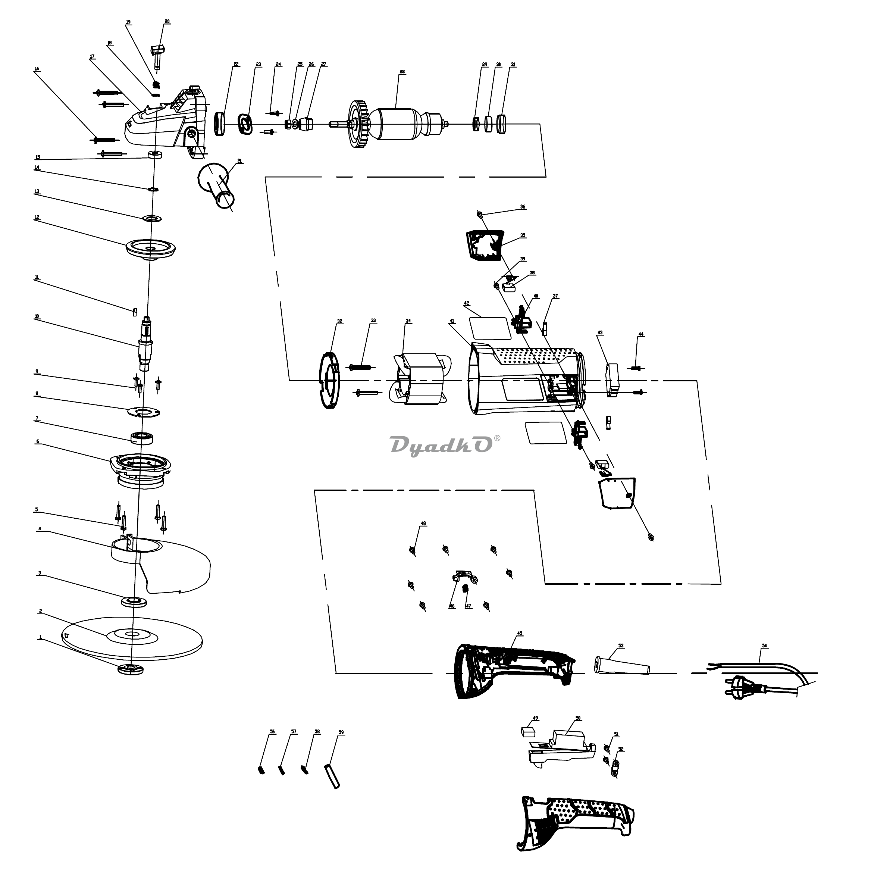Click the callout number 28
(x=402, y=72)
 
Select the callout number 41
(x=452, y=321)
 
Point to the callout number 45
(x=520, y=633)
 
